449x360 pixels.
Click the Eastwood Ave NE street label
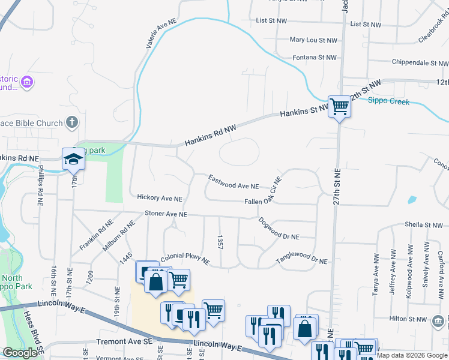click(x=234, y=182)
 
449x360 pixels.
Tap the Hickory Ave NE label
click(x=159, y=197)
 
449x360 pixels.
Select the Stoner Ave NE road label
click(x=166, y=214)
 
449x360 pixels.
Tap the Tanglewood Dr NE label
click(x=302, y=258)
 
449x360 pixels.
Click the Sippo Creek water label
click(x=388, y=101)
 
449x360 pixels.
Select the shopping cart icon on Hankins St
click(x=340, y=107)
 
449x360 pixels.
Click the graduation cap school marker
click(x=73, y=160)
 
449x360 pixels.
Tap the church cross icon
click(x=71, y=123)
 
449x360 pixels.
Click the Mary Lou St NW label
click(x=313, y=40)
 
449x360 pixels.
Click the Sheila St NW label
click(x=423, y=225)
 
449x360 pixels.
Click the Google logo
click(x=20, y=353)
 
